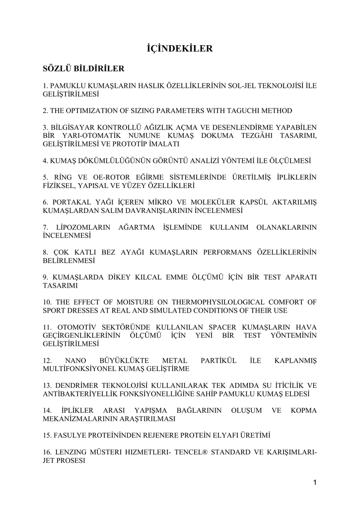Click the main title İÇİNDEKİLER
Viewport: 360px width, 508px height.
[x=180, y=48]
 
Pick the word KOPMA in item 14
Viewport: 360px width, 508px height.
[x=303, y=410]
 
